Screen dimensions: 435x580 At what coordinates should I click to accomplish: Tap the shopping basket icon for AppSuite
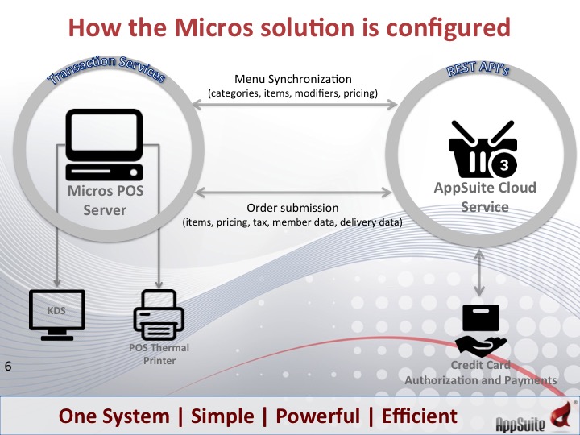(x=482, y=150)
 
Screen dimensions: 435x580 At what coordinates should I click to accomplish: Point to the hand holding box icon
(x=482, y=330)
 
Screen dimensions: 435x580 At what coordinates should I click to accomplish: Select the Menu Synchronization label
(x=292, y=79)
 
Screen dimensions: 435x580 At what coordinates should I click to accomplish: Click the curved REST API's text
(x=480, y=69)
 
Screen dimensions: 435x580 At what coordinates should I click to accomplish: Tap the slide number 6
(x=8, y=367)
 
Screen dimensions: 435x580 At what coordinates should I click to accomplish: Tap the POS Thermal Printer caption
(x=153, y=354)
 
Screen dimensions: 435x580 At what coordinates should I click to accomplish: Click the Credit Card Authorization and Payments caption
(x=480, y=373)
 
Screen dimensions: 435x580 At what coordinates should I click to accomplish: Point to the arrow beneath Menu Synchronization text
(x=292, y=103)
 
